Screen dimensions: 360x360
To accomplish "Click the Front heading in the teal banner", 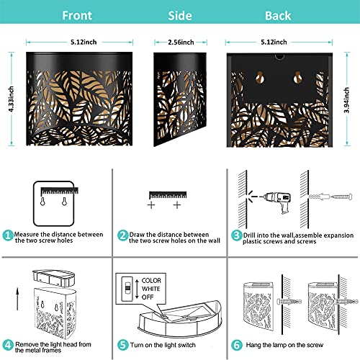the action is (77, 16).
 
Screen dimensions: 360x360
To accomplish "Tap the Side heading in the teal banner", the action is (180, 16).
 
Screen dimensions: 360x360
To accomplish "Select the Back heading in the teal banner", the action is (278, 16).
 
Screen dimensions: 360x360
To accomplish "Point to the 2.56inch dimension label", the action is (181, 42).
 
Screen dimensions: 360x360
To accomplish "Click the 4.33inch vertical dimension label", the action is (11, 99).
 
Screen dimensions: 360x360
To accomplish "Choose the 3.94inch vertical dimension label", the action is (346, 100).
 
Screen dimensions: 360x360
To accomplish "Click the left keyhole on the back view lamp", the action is (259, 77).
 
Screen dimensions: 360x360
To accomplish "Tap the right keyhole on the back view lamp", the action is (297, 77).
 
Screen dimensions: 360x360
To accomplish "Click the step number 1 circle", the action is (8, 235).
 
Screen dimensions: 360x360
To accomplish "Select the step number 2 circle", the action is (122, 235).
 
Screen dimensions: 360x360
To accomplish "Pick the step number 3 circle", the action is (236, 235).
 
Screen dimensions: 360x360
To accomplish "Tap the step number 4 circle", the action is (8, 345).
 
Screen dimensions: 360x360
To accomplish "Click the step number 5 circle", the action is (122, 345).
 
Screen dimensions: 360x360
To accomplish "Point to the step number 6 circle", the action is (236, 345).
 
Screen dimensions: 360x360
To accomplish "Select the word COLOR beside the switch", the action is (151, 281).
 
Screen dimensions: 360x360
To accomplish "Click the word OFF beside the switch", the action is (148, 297).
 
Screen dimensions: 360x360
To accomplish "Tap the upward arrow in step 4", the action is (17, 299).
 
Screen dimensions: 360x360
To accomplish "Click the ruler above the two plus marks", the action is (168, 195).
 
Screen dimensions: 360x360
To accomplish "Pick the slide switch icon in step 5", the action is (127, 289).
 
